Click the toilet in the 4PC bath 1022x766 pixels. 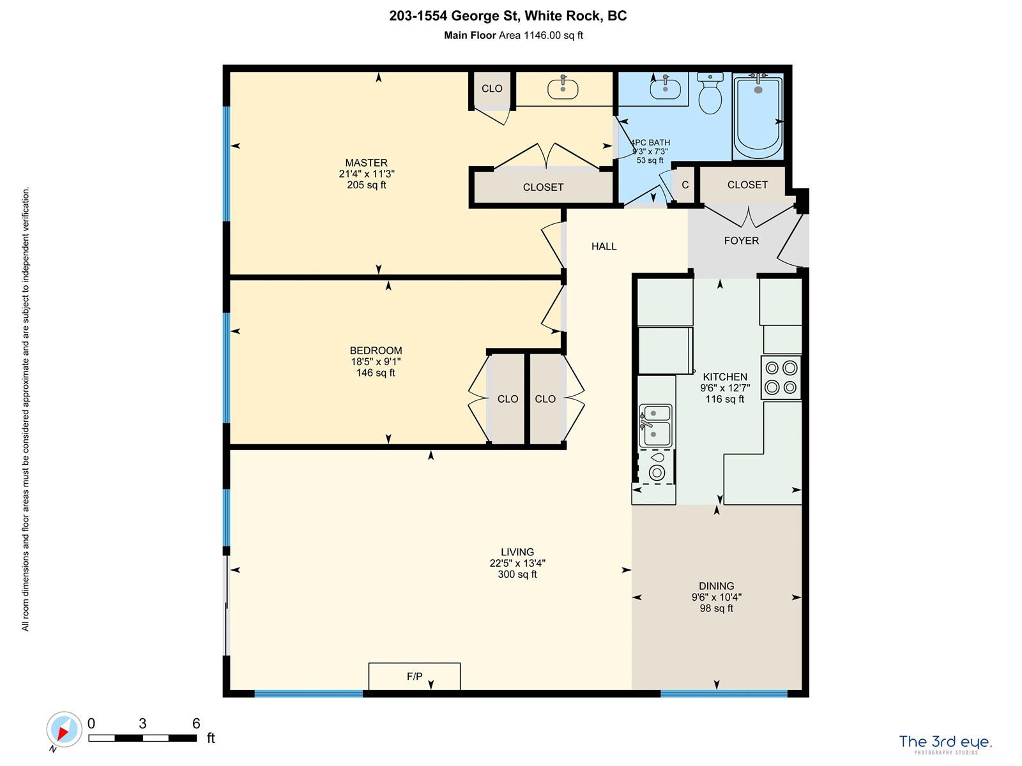click(710, 93)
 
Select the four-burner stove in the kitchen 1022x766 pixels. click(781, 378)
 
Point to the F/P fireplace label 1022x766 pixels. click(415, 676)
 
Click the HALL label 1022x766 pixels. click(604, 246)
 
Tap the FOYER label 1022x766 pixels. click(741, 241)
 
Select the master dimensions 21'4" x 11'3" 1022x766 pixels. click(367, 174)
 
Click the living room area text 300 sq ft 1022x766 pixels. click(517, 574)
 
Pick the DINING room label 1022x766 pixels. click(716, 586)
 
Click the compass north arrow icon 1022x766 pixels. click(64, 730)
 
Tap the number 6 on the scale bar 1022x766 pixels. click(196, 723)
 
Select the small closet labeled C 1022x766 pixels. click(685, 184)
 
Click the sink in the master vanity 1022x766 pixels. click(563, 87)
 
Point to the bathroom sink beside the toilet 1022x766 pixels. click(665, 87)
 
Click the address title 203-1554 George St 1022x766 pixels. click(453, 16)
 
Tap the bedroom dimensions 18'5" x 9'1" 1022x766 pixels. click(376, 362)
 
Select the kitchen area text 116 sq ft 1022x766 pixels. click(724, 399)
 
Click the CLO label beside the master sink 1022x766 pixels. click(492, 88)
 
